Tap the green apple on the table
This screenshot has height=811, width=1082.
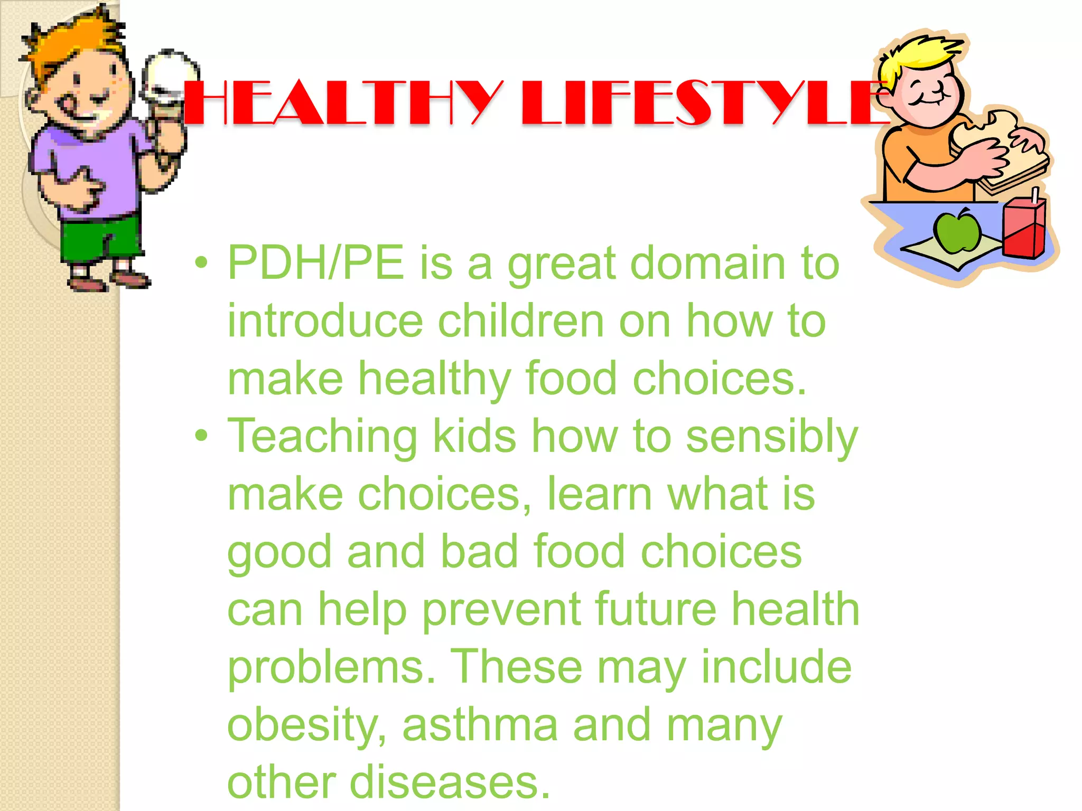(x=957, y=232)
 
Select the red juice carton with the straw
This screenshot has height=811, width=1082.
(x=1024, y=229)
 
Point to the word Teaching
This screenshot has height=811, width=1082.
(x=322, y=437)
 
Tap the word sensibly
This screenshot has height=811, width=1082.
(x=772, y=437)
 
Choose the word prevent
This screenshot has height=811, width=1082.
(x=501, y=610)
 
